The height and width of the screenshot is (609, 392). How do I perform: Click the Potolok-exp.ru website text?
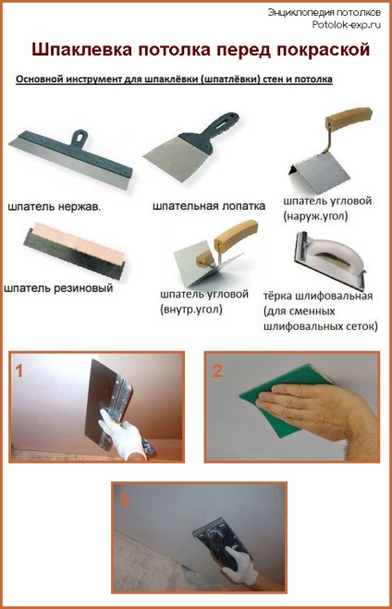(346, 25)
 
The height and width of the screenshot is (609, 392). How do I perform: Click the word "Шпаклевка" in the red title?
(80, 50)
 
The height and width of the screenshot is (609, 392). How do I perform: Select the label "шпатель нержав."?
(55, 207)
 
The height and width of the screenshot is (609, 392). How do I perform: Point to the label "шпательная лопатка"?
(209, 206)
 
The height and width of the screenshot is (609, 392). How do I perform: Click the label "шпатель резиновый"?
(58, 288)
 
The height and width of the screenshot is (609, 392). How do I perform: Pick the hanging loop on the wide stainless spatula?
(80, 138)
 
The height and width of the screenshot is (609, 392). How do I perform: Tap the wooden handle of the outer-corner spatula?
(349, 117)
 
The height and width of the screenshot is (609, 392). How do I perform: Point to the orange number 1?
(18, 371)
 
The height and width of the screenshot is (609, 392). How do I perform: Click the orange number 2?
(217, 371)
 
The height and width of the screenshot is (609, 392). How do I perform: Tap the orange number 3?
(124, 500)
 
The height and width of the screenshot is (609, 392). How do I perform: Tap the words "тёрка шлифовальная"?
(318, 296)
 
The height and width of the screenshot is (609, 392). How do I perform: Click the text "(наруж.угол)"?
(315, 216)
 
